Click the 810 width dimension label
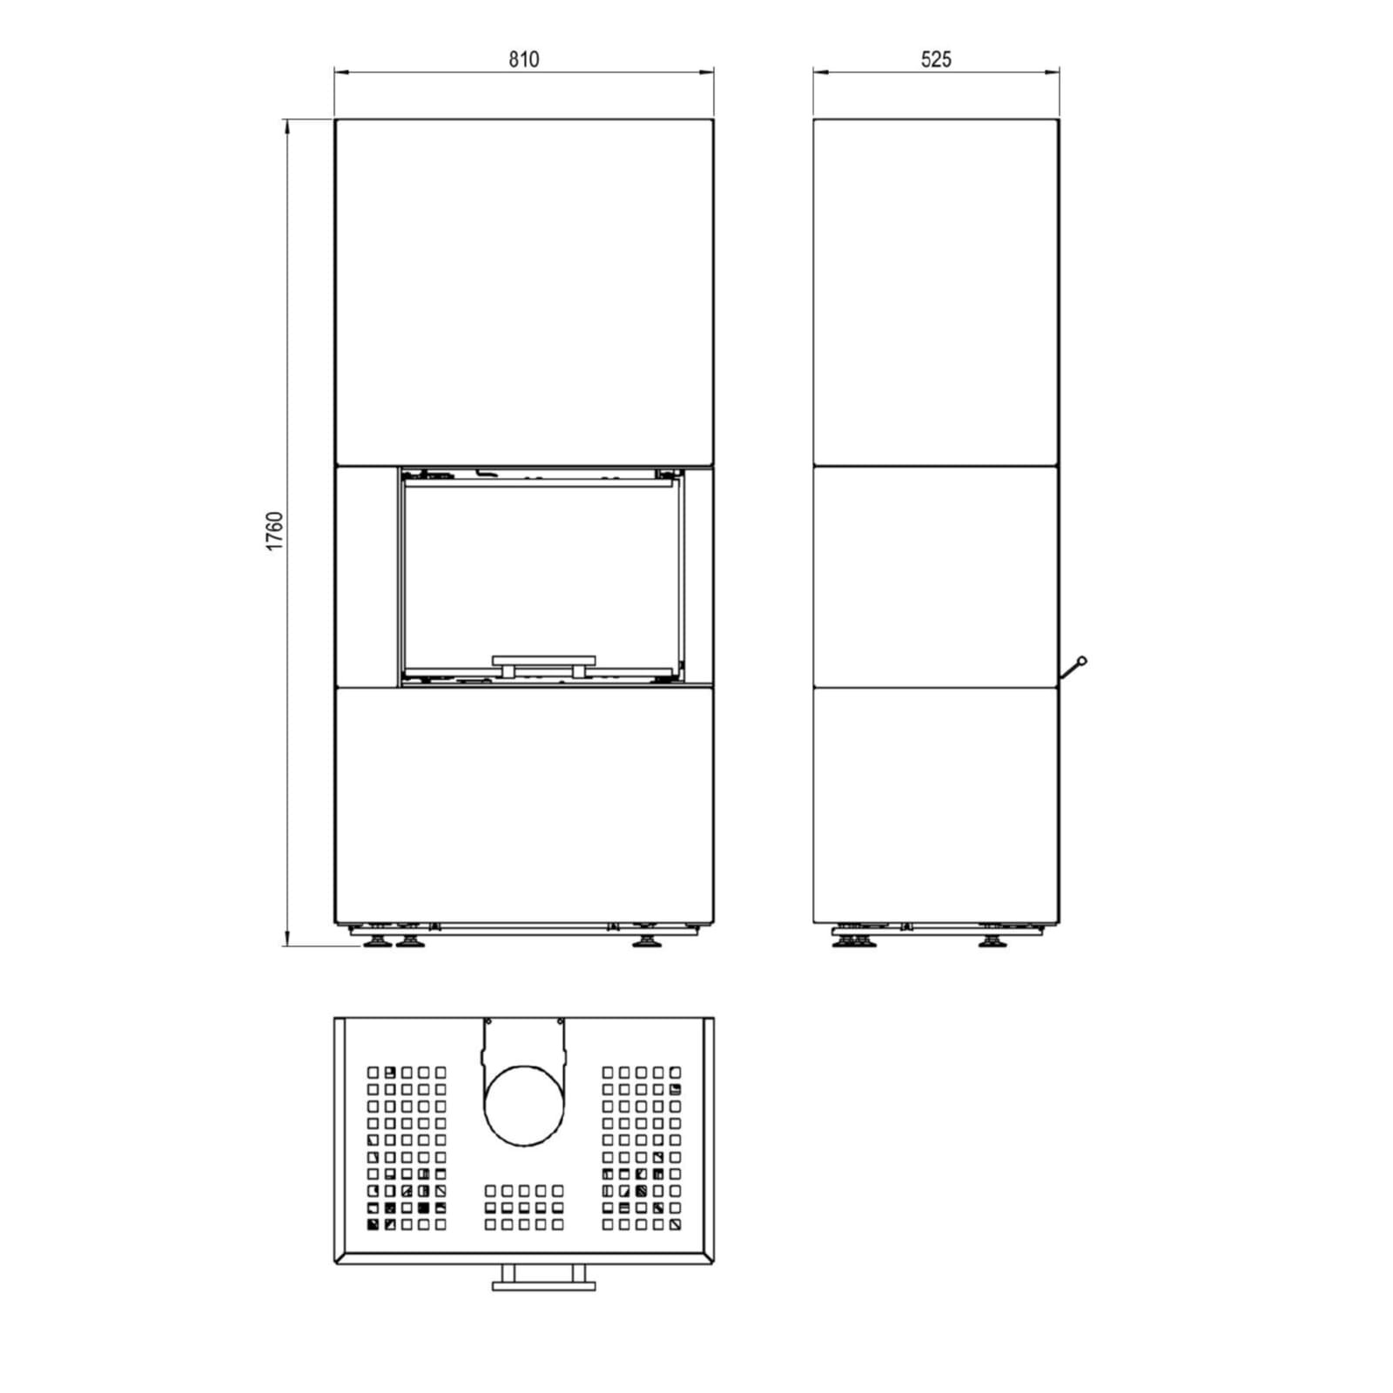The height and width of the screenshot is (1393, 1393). [524, 59]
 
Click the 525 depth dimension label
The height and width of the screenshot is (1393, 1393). [936, 59]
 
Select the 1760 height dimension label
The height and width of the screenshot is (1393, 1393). [275, 531]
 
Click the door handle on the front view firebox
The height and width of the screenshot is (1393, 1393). [544, 665]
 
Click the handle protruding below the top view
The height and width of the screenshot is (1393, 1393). [544, 1277]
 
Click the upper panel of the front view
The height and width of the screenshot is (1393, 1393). [524, 293]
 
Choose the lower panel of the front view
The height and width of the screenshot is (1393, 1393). [524, 805]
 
